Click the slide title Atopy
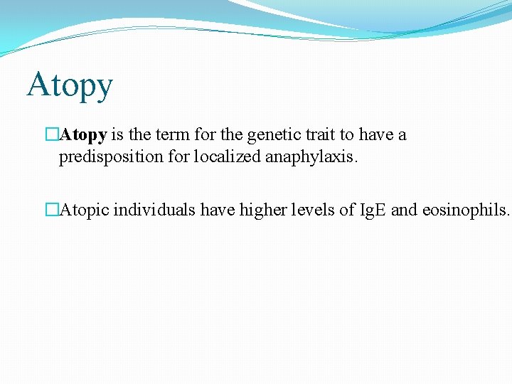[x=70, y=86]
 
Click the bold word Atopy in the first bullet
[x=84, y=135]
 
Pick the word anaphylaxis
[x=311, y=157]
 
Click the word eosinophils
[x=465, y=210]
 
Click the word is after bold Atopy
[x=118, y=135]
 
